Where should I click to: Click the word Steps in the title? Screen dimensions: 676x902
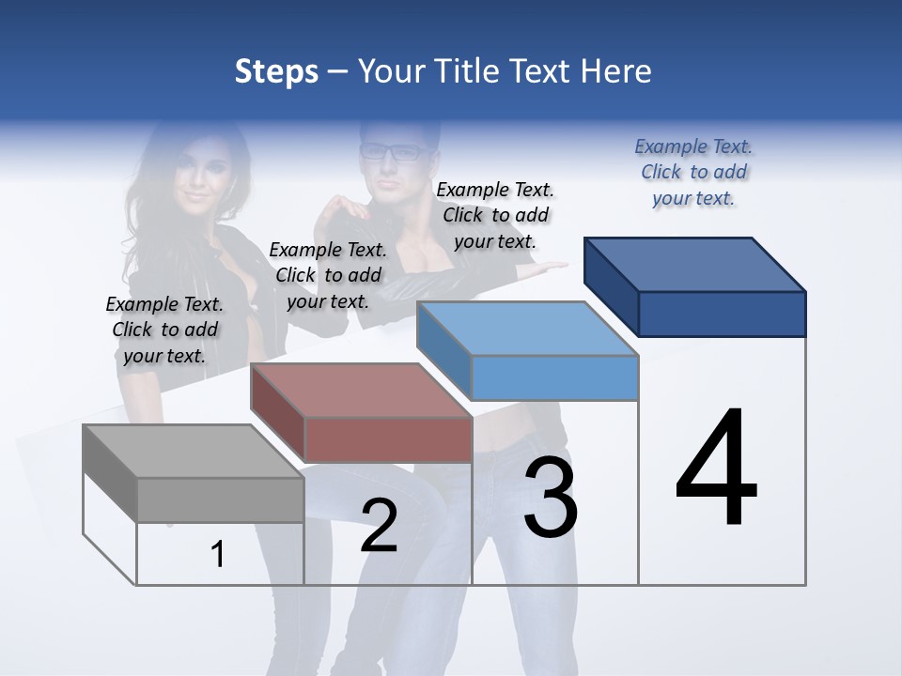coord(276,71)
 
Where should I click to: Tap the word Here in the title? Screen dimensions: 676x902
coord(617,71)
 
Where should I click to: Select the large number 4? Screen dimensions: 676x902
coord(716,469)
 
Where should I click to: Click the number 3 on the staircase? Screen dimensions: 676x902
coord(550,498)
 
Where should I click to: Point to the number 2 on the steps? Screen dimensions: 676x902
coord(379,525)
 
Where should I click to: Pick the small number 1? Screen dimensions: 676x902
coord(218,555)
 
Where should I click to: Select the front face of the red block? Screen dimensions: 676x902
coord(388,439)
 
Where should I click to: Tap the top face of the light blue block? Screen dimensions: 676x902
coord(527,330)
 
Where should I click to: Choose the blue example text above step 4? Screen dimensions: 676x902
coord(693,172)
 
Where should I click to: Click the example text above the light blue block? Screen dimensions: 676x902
coord(495,215)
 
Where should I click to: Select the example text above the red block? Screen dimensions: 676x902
coord(328,275)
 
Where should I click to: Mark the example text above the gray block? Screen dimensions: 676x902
coord(164,330)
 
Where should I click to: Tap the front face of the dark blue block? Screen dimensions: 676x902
coord(722,314)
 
